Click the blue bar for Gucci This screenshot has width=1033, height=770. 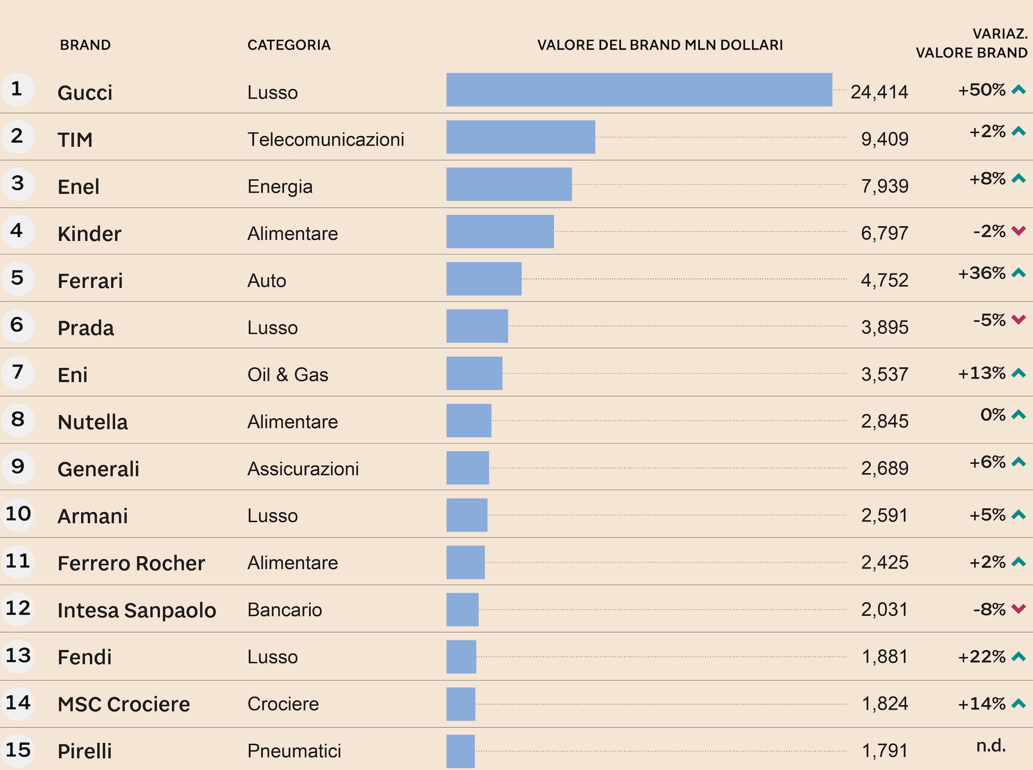coord(639,90)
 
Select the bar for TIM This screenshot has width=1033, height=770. coord(521,137)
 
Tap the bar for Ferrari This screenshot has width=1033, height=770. coord(484,279)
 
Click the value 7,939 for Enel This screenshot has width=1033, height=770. coord(884,186)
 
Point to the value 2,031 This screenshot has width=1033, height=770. coord(884,609)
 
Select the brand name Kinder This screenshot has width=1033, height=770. coord(89,234)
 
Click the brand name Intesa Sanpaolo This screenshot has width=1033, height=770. coord(137,610)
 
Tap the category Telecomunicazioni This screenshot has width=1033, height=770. coord(326,140)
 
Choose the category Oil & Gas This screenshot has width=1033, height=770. coord(288,375)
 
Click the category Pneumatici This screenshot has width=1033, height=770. coord(294,751)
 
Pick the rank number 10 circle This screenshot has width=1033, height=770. coord(18,514)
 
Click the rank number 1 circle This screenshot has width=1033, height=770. coord(17,89)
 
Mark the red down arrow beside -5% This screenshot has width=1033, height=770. coord(1019,319)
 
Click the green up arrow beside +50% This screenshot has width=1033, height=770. coord(1019,90)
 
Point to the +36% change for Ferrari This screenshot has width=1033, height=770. coord(982,273)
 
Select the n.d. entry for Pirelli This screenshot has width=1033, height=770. coord(991,745)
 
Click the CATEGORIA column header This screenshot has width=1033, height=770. coord(289,45)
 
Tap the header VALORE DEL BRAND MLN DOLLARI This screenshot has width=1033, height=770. coord(660,45)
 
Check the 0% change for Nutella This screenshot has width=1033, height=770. coord(993,415)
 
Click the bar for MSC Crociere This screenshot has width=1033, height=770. coord(461,704)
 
